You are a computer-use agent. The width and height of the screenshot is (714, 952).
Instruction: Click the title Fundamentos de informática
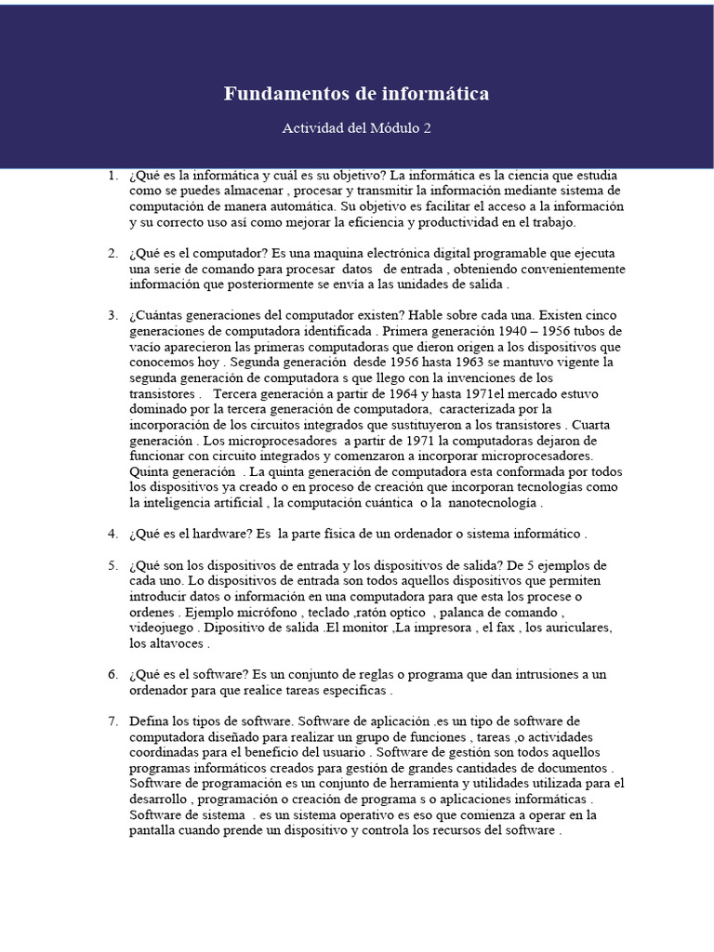click(356, 94)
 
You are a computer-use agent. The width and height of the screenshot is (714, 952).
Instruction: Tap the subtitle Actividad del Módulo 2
click(356, 128)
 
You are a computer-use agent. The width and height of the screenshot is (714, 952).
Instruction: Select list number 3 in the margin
click(112, 315)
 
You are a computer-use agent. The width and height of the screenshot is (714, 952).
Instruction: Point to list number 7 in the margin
click(112, 721)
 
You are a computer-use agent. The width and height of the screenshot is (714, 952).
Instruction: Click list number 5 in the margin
click(112, 565)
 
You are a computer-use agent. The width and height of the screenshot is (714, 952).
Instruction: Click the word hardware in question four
click(215, 534)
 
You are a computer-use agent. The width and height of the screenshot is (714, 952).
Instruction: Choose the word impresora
click(431, 628)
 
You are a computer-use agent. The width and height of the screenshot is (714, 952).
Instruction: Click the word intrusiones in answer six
click(522, 675)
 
